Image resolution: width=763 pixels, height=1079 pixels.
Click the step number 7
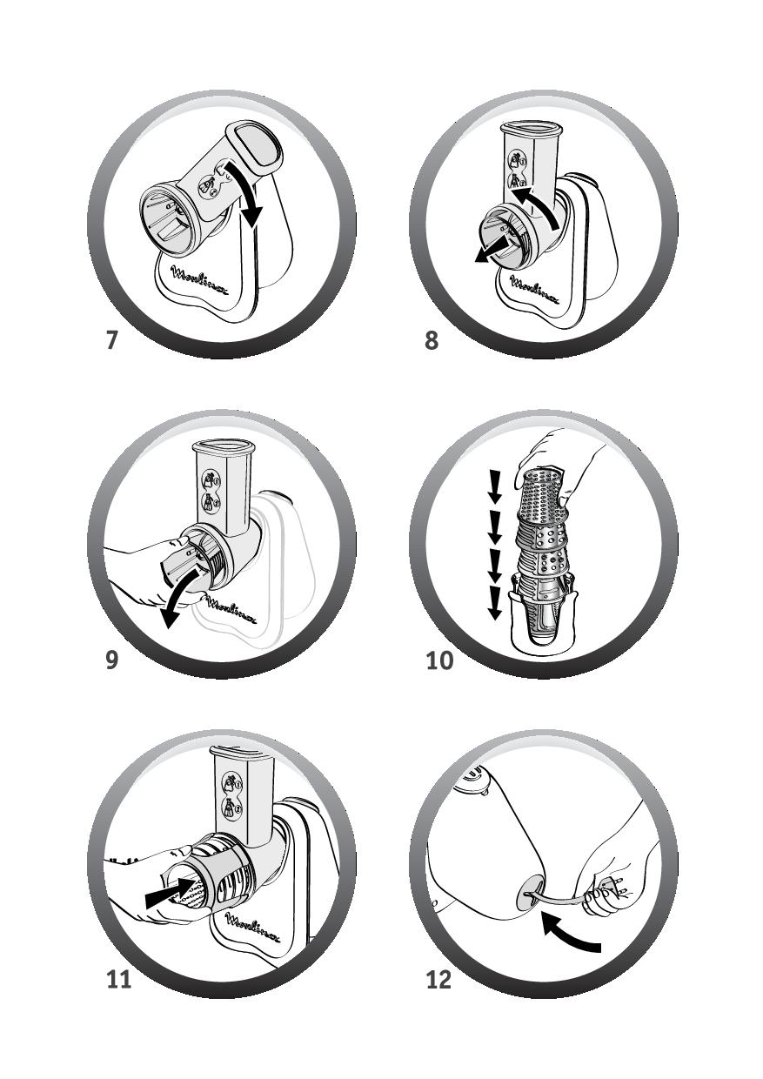click(x=111, y=340)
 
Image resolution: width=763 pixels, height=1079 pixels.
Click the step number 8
click(x=432, y=340)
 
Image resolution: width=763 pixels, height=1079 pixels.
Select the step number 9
click(x=111, y=660)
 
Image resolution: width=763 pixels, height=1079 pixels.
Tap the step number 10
click(x=439, y=660)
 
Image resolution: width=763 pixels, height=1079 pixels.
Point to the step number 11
click(x=119, y=979)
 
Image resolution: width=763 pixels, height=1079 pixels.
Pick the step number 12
click(x=438, y=979)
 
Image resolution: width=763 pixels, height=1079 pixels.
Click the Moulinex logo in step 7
click(x=200, y=281)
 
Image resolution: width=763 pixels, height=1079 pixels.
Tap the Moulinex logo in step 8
click(x=535, y=290)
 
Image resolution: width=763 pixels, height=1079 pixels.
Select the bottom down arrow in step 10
click(x=495, y=606)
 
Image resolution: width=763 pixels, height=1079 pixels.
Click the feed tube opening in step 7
click(x=258, y=144)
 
